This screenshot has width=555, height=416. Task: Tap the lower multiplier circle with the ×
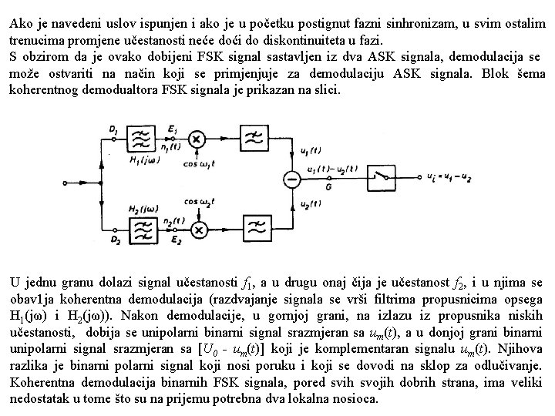199,229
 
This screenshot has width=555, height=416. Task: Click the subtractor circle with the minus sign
291,179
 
